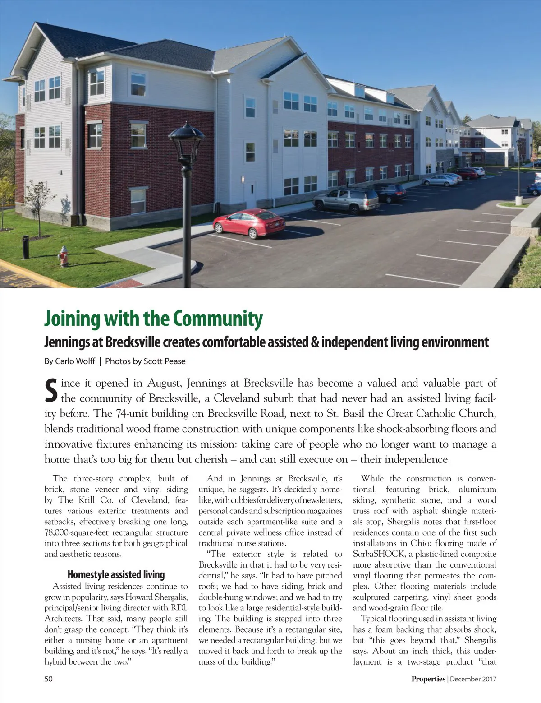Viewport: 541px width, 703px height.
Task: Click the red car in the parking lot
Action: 248,223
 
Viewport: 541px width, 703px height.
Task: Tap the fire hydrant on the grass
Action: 63,256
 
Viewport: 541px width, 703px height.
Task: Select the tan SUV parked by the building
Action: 346,199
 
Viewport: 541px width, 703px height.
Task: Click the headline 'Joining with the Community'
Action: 153,318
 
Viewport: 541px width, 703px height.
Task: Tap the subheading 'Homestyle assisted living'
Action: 116,574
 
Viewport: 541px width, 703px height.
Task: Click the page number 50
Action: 48,678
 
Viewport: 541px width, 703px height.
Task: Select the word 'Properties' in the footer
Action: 428,679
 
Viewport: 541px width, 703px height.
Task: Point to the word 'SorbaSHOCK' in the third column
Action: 379,554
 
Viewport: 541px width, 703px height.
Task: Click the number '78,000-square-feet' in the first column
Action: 76,532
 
